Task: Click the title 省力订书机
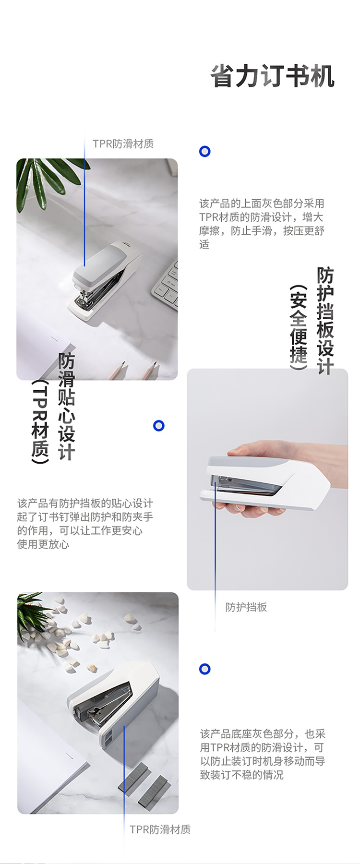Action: [x=272, y=76]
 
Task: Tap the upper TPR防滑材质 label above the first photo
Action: [x=123, y=144]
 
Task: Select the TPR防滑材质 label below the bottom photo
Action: [x=160, y=829]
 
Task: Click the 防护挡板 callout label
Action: [x=246, y=607]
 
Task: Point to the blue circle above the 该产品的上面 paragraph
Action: [x=205, y=152]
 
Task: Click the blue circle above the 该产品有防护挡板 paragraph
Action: [x=159, y=426]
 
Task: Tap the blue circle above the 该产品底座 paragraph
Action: [x=205, y=669]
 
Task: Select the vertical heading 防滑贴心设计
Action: [x=67, y=407]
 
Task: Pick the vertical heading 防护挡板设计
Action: [x=325, y=321]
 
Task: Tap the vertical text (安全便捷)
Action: [x=298, y=327]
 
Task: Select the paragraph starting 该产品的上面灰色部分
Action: [x=262, y=224]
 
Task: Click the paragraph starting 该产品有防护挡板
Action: [x=85, y=524]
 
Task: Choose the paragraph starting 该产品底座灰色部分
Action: [x=263, y=754]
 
